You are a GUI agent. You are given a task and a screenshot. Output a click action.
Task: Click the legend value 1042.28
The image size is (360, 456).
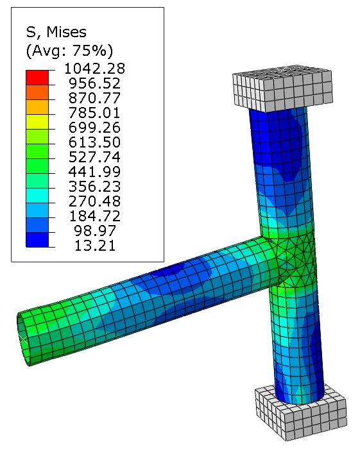(94, 69)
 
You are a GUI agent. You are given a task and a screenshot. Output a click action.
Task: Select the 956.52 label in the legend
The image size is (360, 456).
(94, 83)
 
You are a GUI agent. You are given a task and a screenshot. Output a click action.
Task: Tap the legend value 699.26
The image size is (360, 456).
(94, 128)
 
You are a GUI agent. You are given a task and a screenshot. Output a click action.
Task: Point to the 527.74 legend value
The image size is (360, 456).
(94, 157)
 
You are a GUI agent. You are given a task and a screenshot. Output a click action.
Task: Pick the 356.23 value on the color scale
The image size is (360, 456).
(94, 187)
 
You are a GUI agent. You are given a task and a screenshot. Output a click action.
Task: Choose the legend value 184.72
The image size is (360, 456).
(94, 216)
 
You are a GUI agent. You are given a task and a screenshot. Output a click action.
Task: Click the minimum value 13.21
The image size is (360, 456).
(95, 246)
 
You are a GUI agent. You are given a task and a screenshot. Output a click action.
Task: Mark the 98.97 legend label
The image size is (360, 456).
(95, 231)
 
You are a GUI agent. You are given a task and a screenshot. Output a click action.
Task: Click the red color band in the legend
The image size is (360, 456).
(37, 78)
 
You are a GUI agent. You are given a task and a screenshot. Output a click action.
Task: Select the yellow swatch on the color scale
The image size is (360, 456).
(37, 122)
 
